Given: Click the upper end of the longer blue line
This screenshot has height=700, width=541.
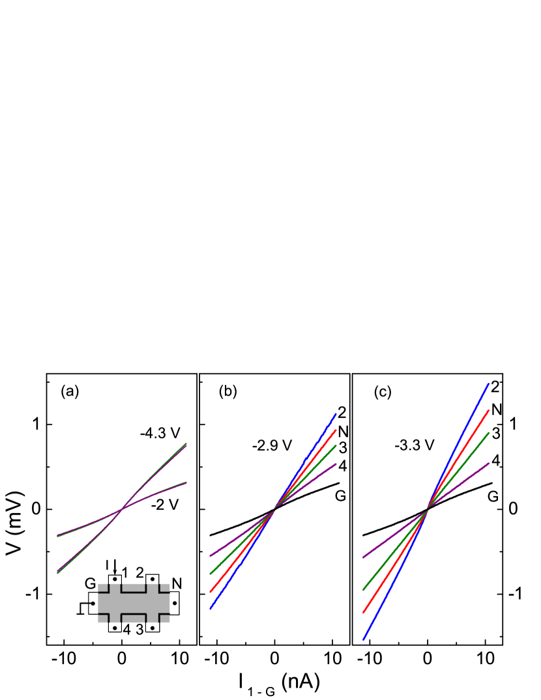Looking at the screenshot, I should click(489, 384).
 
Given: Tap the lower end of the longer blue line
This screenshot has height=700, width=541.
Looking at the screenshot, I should click(364, 639).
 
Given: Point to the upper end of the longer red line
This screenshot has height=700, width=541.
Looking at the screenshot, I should click(489, 410).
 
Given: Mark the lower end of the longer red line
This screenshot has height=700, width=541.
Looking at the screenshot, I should click(364, 612).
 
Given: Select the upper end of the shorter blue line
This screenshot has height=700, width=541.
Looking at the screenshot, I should click(336, 413).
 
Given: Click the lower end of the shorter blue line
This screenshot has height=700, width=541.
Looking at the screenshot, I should click(211, 609).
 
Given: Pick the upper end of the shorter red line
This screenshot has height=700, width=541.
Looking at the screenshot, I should click(336, 430).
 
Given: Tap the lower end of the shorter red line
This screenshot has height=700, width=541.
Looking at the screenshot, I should click(211, 592).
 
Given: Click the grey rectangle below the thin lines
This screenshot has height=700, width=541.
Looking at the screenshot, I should click(134, 603).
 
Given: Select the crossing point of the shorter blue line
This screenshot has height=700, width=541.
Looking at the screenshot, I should click(274, 509).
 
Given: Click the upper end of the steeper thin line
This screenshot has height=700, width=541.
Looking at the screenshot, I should click(187, 443).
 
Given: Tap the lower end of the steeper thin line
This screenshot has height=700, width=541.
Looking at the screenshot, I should click(57, 573).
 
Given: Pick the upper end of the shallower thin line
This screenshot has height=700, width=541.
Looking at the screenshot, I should click(187, 483).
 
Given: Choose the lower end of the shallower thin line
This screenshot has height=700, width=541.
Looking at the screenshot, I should click(57, 536).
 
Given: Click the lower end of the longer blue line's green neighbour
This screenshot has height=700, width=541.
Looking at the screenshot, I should click(364, 590).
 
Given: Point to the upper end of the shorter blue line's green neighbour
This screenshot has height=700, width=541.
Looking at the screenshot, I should click(336, 445).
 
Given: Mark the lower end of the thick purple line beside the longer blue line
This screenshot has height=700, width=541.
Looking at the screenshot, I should click(364, 558).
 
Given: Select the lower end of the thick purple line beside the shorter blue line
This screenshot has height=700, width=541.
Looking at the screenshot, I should click(211, 556).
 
